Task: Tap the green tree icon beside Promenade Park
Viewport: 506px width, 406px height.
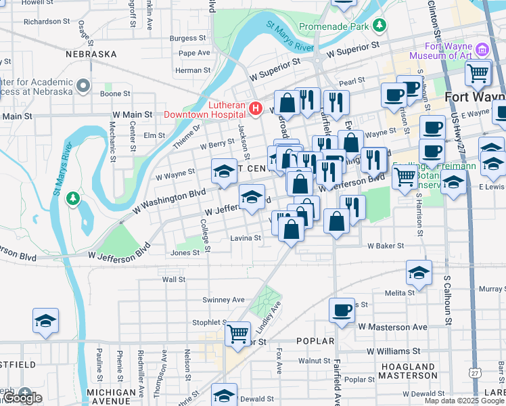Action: tap(380, 26)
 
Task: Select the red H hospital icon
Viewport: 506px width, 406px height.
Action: tap(255, 108)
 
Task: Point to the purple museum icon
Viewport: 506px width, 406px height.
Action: tap(482, 49)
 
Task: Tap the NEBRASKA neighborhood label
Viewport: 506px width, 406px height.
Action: tap(91, 53)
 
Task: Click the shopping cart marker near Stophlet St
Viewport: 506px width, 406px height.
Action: tap(237, 333)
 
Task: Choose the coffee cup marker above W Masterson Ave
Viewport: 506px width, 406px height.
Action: tap(342, 311)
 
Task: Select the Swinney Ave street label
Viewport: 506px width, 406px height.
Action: tap(223, 300)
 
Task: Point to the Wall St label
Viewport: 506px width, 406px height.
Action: tap(174, 279)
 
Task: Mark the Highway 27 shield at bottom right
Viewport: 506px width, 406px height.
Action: tap(476, 373)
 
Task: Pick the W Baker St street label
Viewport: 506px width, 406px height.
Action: tap(385, 246)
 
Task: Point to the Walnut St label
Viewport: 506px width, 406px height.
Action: tap(314, 361)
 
